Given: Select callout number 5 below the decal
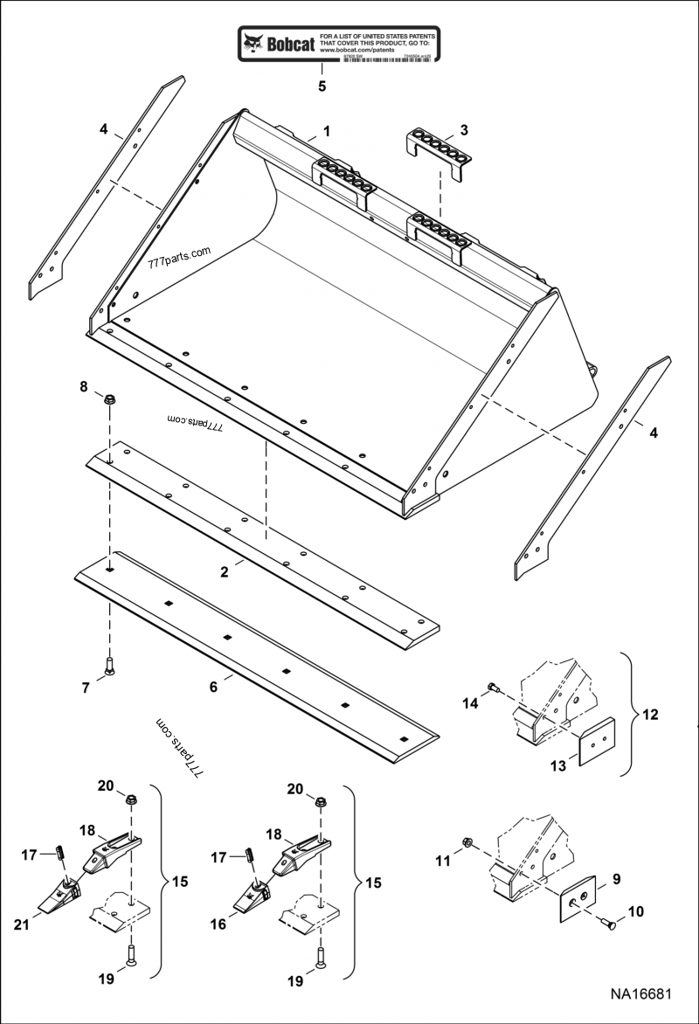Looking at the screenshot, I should pyautogui.click(x=322, y=86).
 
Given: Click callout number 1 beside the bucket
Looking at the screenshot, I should pyautogui.click(x=326, y=132).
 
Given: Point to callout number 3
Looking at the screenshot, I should pyautogui.click(x=463, y=130).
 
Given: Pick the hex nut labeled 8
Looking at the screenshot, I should pyautogui.click(x=110, y=401).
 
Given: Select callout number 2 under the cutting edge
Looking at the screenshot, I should pyautogui.click(x=225, y=572).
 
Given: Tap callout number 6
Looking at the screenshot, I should pyautogui.click(x=212, y=688).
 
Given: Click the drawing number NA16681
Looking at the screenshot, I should pyautogui.click(x=640, y=995).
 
